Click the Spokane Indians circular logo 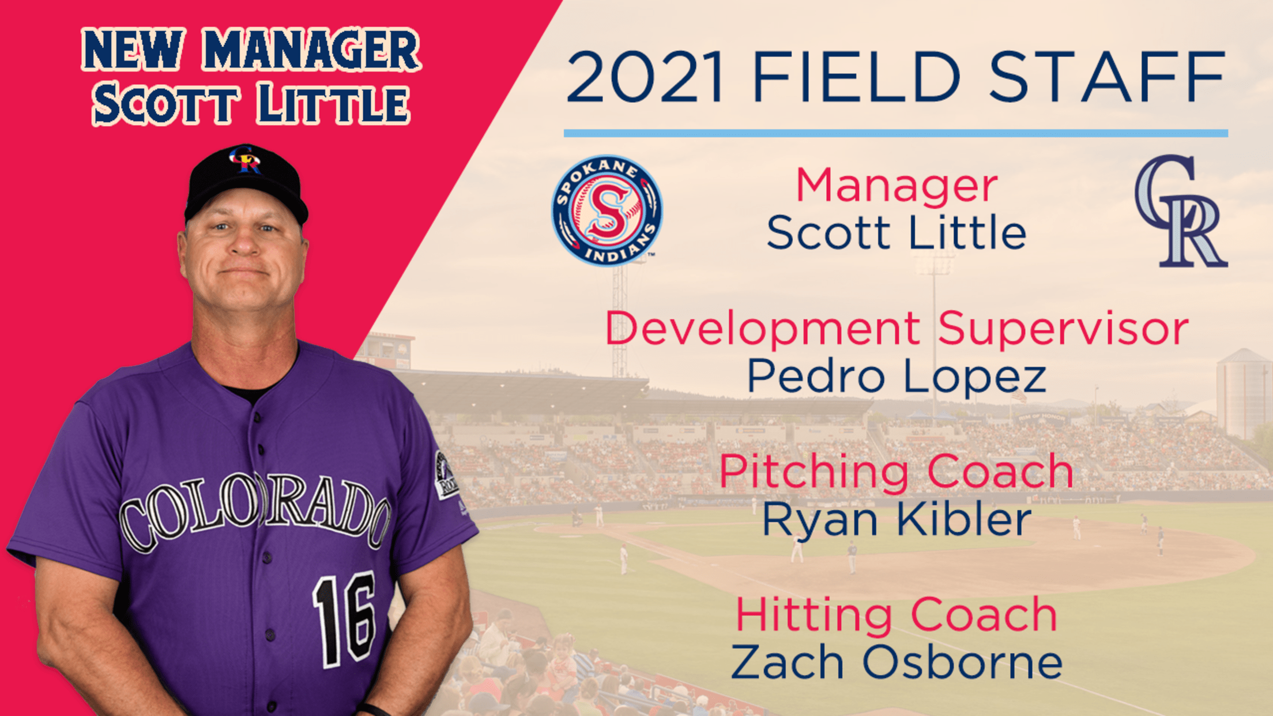coord(607,210)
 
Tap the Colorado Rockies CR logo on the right coord(1181,211)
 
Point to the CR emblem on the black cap coord(246,160)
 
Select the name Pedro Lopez coord(897,376)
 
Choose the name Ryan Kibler coord(897,519)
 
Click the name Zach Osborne coord(897,662)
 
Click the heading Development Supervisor coord(897,329)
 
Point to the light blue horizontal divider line coord(896,133)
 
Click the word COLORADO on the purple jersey coord(254,510)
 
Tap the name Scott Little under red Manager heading coord(897,233)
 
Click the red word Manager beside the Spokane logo coord(897,186)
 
